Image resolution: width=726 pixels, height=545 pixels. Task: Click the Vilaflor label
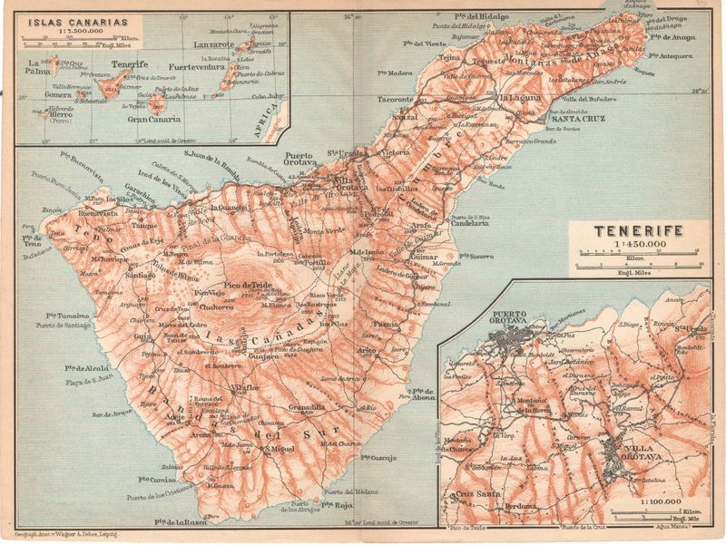coord(245,387)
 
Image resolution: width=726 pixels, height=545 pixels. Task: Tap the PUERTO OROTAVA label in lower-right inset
coord(516,317)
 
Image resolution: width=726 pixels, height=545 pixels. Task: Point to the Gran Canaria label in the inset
coord(150,119)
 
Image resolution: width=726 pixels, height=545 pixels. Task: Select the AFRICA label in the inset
coord(270,119)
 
